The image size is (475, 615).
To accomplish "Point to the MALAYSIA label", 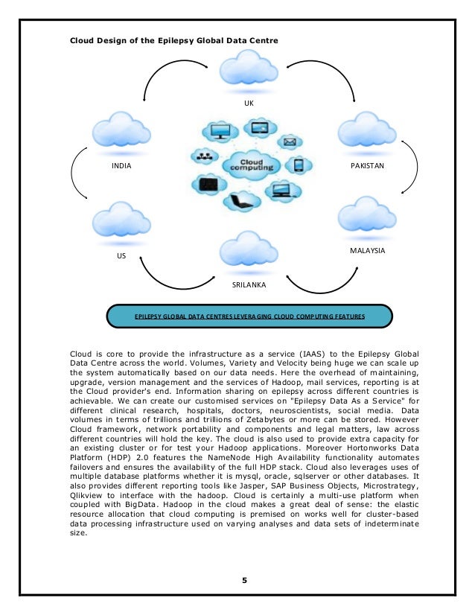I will pos(367,251).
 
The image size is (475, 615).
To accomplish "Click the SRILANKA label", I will pos(249,284).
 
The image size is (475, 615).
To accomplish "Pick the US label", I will pos(121,255).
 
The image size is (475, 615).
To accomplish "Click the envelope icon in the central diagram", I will pos(290,141).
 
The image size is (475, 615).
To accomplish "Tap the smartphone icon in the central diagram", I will pos(299,165).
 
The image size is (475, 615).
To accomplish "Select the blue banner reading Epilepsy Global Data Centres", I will pos(249,316).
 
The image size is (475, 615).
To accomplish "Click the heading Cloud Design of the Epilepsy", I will pos(173,39).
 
